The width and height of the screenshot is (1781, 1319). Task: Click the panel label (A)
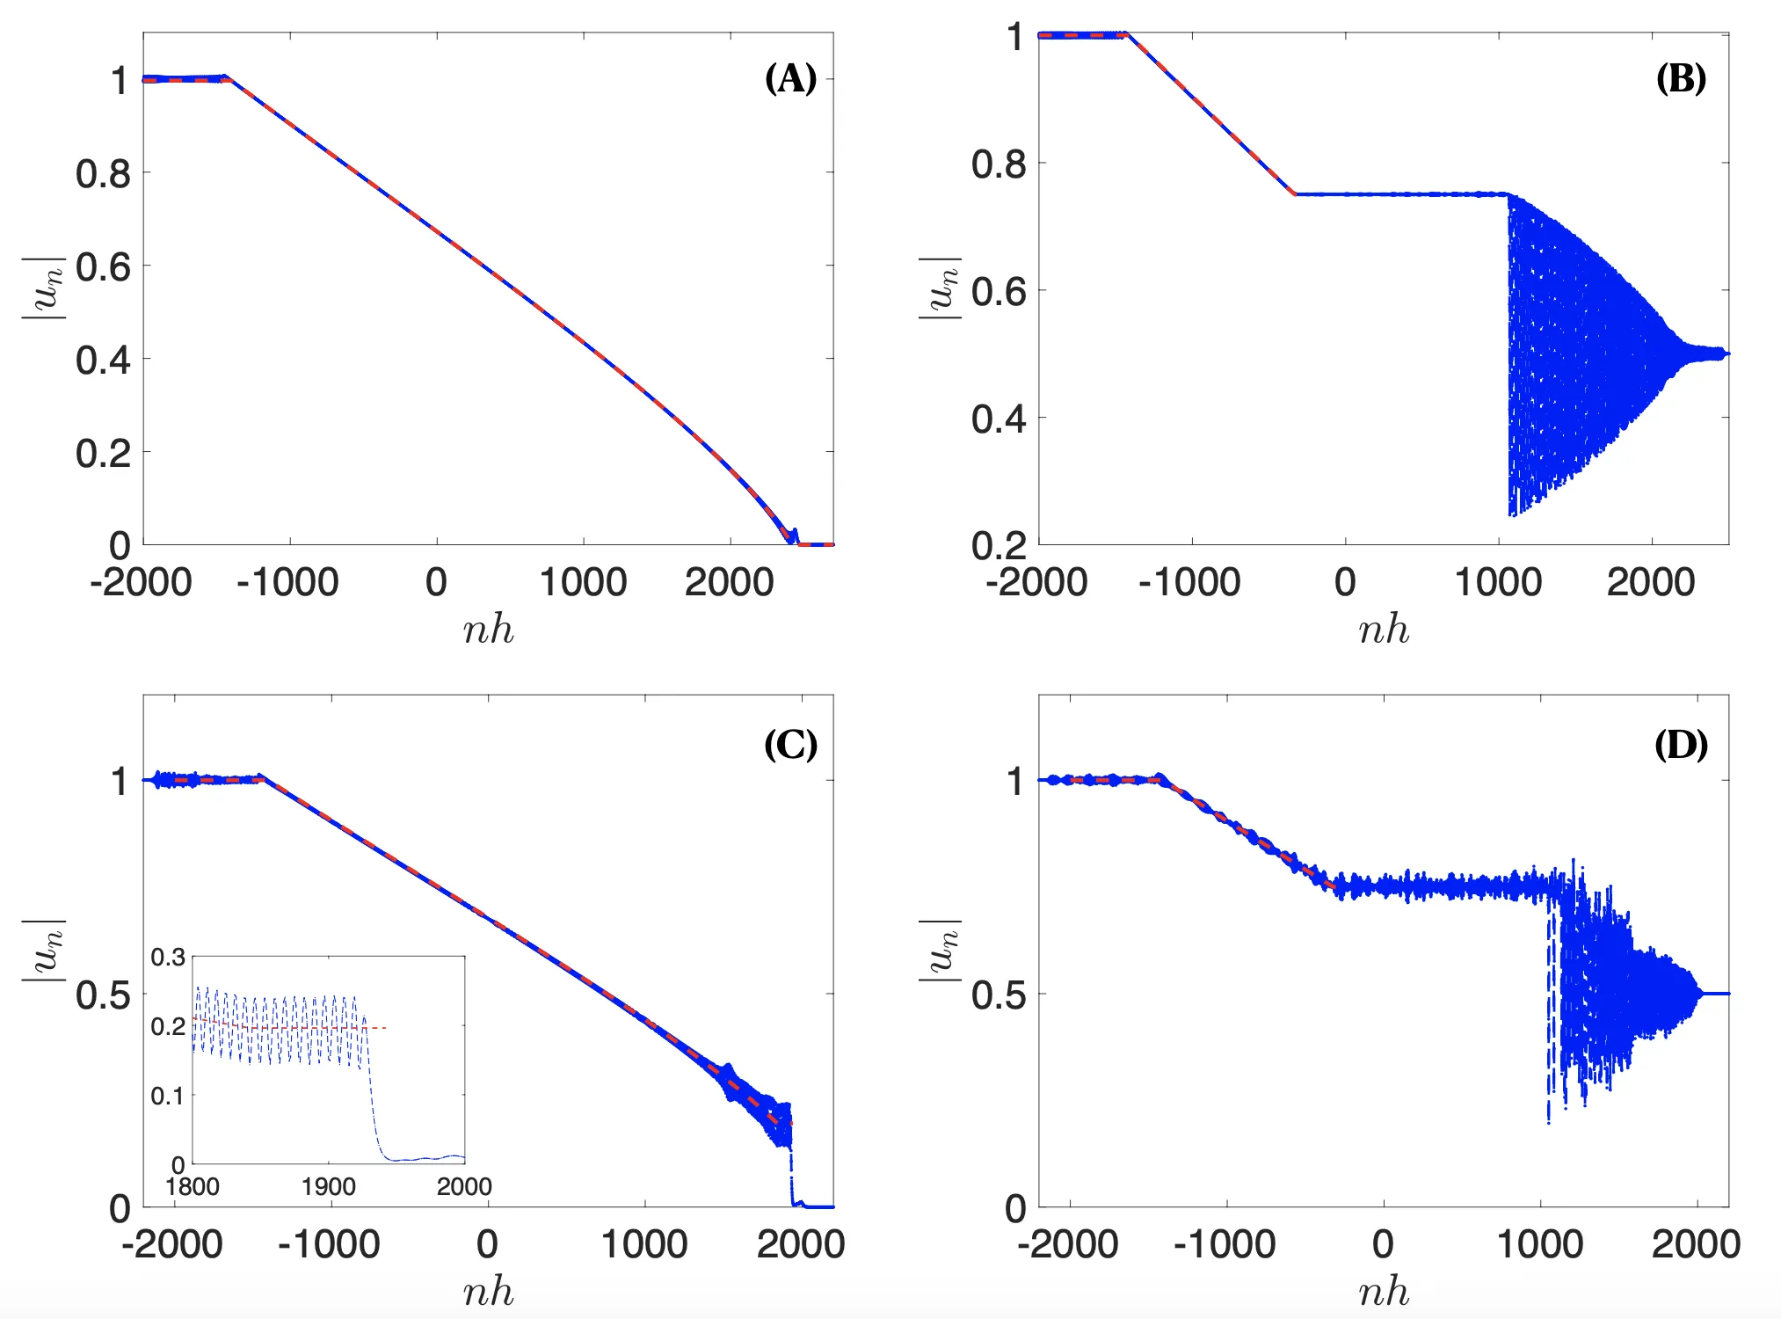(790, 79)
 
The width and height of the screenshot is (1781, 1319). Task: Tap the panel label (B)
(1681, 79)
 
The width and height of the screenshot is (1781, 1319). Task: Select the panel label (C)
(790, 745)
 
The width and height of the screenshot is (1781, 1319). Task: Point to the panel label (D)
(1681, 745)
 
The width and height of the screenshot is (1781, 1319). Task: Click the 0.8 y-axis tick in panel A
(103, 174)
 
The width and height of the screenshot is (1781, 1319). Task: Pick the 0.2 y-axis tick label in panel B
(999, 546)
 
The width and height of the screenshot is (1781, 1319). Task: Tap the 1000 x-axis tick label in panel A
(583, 582)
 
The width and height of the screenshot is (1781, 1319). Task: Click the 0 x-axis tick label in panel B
(1345, 582)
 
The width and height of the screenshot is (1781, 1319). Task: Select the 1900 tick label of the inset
(328, 1186)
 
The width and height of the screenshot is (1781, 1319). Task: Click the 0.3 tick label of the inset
(168, 957)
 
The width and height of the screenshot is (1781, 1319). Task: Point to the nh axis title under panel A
(488, 630)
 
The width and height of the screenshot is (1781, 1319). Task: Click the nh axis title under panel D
(1384, 1292)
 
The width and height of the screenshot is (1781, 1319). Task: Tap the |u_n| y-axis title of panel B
(940, 288)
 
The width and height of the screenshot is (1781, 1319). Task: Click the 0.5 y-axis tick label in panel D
(999, 995)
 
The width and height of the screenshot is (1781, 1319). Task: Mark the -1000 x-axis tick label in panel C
(329, 1244)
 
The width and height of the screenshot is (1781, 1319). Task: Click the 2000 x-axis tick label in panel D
(1696, 1244)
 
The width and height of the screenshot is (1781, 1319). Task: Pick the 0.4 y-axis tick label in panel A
(103, 360)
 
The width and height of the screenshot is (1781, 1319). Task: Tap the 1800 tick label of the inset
(193, 1186)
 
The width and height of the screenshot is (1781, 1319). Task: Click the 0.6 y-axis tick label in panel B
(999, 291)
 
